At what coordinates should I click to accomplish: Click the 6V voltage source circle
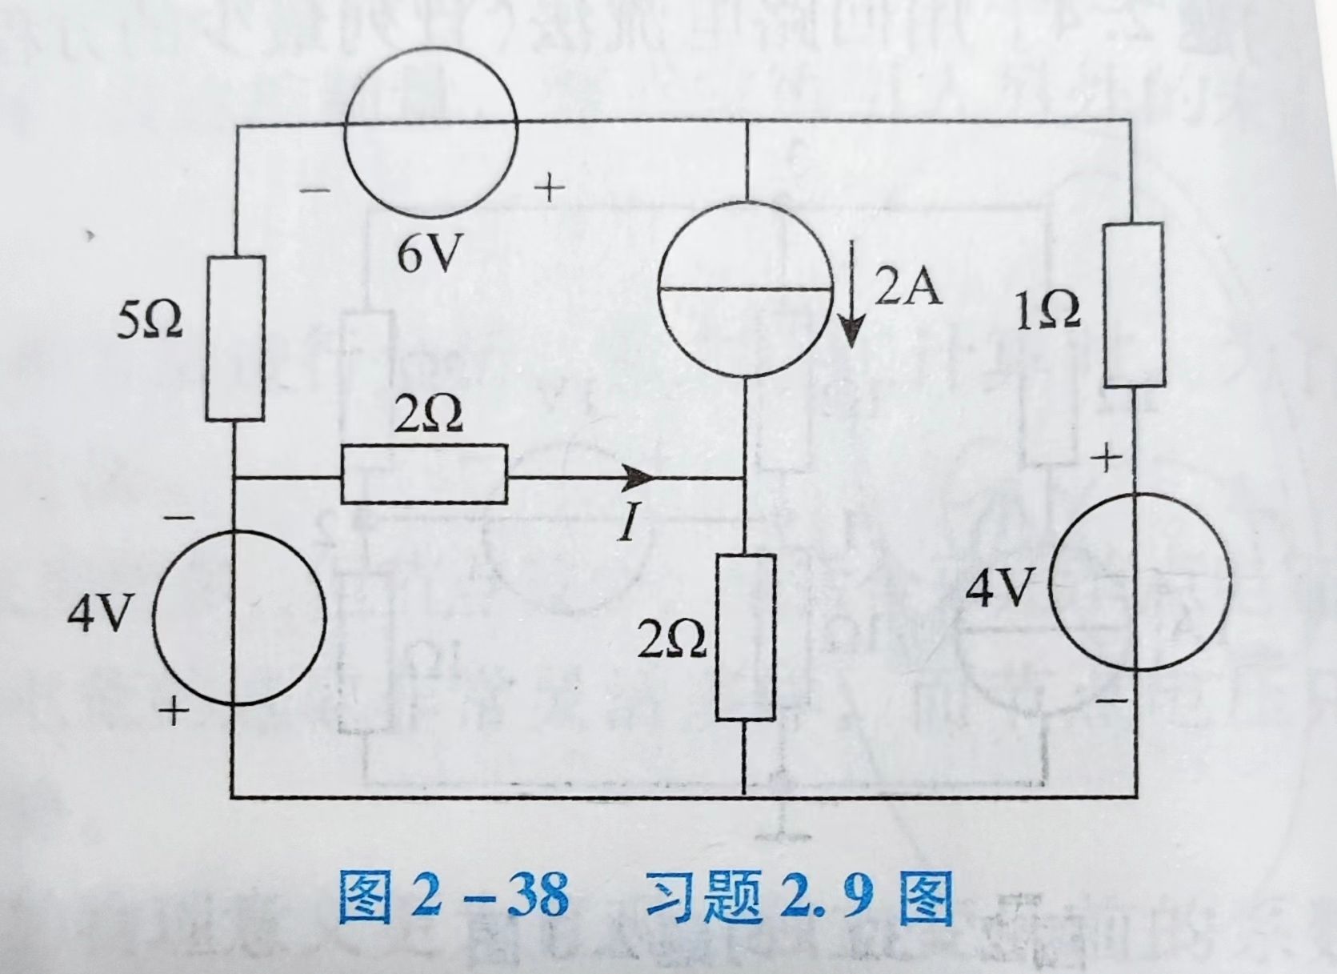point(430,131)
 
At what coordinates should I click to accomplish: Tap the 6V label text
point(430,255)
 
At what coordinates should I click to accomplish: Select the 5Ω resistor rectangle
point(235,338)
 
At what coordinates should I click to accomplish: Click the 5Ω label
point(150,322)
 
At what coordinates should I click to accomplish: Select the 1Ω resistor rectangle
point(1133,305)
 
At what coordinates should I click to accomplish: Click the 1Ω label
point(1047,311)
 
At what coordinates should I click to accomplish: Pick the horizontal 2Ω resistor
point(424,474)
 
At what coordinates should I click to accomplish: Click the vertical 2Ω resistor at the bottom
point(745,637)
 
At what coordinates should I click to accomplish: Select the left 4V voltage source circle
point(238,615)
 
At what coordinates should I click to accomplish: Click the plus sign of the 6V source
point(549,188)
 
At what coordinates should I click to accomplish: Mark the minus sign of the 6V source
point(315,191)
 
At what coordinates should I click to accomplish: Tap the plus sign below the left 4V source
point(173,710)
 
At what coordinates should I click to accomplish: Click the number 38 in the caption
point(537,895)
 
